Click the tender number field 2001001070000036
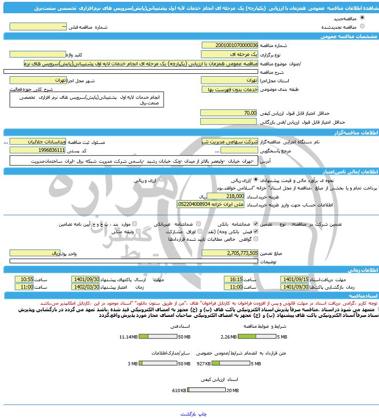(229, 45)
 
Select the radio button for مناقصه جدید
(362, 17)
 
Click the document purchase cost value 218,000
(229, 196)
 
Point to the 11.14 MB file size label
(128, 337)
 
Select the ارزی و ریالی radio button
(161, 180)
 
